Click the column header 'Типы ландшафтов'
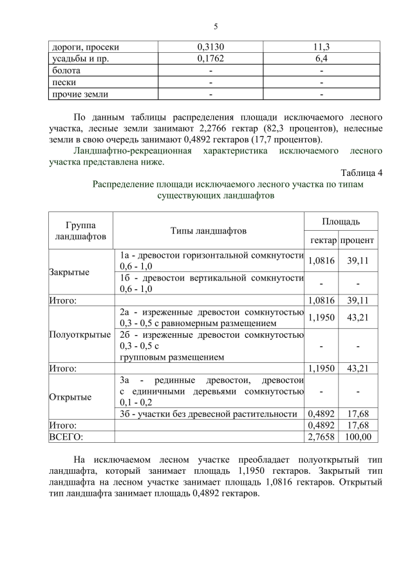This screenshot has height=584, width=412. click(209, 231)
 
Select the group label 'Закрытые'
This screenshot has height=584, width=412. click(70, 272)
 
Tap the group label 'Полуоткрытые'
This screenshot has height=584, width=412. click(80, 335)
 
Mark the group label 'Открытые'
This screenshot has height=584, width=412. click(70, 397)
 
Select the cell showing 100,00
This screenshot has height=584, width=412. click(358, 437)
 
